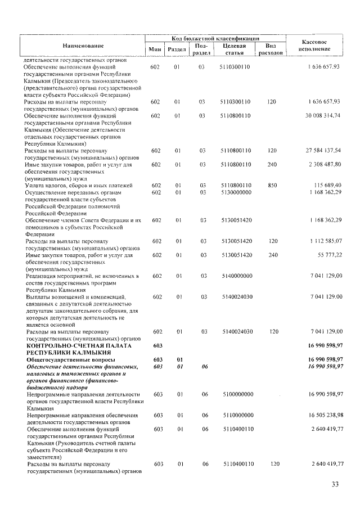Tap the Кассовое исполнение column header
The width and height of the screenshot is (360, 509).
click(315, 46)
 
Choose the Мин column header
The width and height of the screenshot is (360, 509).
click(155, 50)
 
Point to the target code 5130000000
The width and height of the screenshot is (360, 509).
click(236, 192)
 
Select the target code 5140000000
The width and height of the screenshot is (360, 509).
click(236, 276)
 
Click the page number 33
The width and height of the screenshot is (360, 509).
click(335, 484)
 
